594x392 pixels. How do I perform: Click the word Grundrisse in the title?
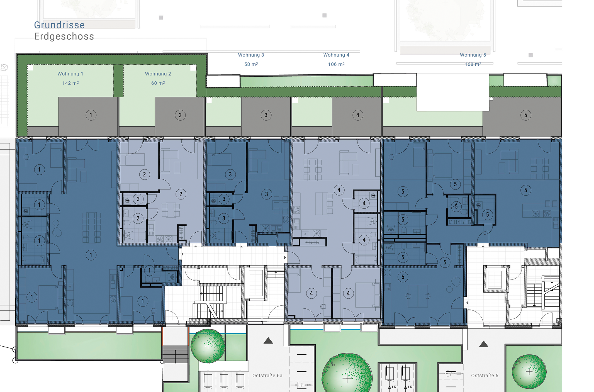pyautogui.click(x=59, y=25)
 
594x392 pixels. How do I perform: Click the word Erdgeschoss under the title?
pyautogui.click(x=64, y=36)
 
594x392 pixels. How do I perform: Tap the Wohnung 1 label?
pyautogui.click(x=70, y=74)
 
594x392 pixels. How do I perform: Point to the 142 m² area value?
pyautogui.click(x=70, y=83)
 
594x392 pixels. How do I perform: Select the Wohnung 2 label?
pyautogui.click(x=158, y=74)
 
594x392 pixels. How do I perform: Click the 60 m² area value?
pyautogui.click(x=158, y=83)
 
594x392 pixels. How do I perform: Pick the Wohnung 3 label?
pyautogui.click(x=251, y=55)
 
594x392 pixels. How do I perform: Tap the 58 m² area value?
pyautogui.click(x=251, y=64)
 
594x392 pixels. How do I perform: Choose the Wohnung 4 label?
pyautogui.click(x=336, y=55)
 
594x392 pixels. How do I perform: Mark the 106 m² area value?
pyautogui.click(x=336, y=64)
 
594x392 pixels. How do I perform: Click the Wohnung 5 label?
pyautogui.click(x=473, y=55)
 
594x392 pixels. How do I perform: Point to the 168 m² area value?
pyautogui.click(x=473, y=64)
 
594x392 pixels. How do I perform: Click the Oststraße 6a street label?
pyautogui.click(x=267, y=376)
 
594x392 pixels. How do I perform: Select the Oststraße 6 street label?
pyautogui.click(x=485, y=376)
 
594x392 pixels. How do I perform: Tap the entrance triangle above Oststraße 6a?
pyautogui.click(x=268, y=341)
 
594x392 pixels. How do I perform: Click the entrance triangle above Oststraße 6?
pyautogui.click(x=484, y=344)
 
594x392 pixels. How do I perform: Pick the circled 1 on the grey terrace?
pyautogui.click(x=91, y=115)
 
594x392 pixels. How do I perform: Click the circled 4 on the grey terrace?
pyautogui.click(x=358, y=115)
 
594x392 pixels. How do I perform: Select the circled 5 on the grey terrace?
pyautogui.click(x=526, y=115)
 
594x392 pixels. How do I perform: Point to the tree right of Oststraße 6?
pyautogui.click(x=529, y=372)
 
